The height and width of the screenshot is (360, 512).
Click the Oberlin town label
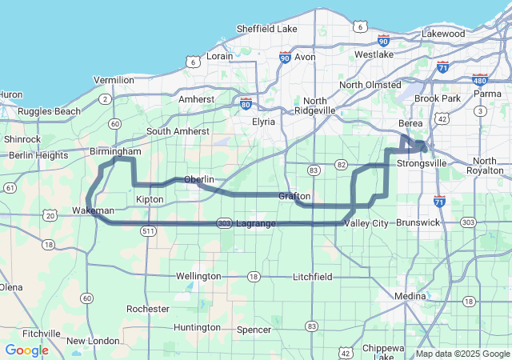point(201,179)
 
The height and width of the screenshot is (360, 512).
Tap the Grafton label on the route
point(294,196)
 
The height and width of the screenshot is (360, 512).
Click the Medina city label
point(413,295)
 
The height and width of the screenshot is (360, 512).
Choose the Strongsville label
point(424,163)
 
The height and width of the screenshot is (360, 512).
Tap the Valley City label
point(366,223)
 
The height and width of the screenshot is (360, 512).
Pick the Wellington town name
point(198,276)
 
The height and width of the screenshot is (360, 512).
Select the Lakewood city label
point(443,34)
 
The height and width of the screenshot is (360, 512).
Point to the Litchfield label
point(312,276)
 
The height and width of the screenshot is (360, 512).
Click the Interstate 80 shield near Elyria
point(246,103)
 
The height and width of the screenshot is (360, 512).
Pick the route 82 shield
point(342,164)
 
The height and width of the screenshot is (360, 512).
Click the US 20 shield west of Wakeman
point(51,215)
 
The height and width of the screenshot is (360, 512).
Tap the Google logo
point(26,350)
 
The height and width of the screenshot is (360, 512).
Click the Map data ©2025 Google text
point(462,354)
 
